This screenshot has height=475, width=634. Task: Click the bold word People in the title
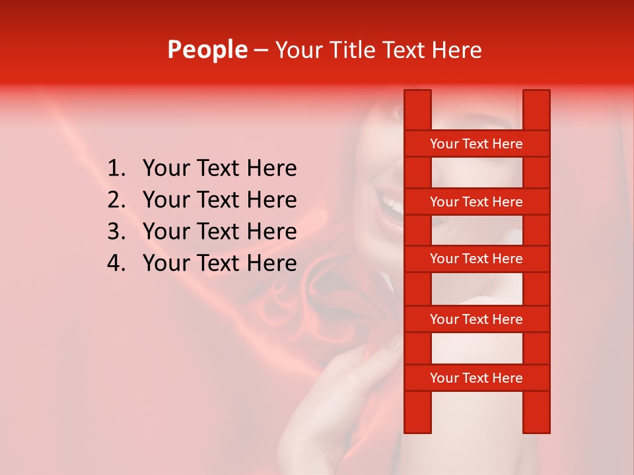pyautogui.click(x=207, y=50)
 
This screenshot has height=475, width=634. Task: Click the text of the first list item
pyautogui.click(x=219, y=169)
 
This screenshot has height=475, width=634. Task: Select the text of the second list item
pyautogui.click(x=219, y=200)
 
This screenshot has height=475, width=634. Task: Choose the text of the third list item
pyautogui.click(x=219, y=232)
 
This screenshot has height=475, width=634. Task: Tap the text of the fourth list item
pyautogui.click(x=219, y=263)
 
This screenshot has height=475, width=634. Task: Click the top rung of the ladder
pyautogui.click(x=476, y=144)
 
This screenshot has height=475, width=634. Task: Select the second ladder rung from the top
pyautogui.click(x=476, y=202)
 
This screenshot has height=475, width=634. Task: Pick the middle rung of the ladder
pyautogui.click(x=476, y=259)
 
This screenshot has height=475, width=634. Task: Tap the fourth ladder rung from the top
pyautogui.click(x=476, y=319)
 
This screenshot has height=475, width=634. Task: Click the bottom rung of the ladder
pyautogui.click(x=476, y=378)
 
